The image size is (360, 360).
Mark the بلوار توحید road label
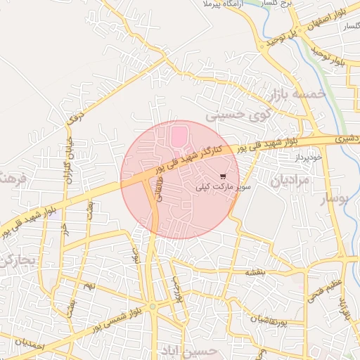pos(330,54)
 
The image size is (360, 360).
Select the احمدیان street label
pos(30,345)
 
